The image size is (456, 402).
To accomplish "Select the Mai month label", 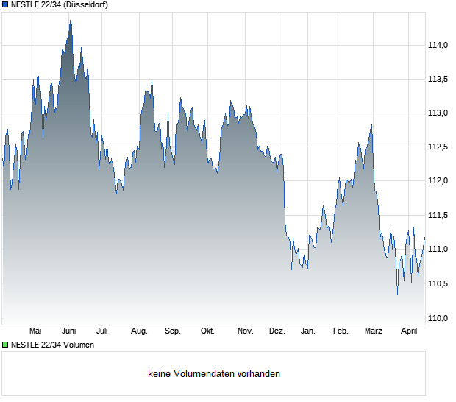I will tap(35, 331).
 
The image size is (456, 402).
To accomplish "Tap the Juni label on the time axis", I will tap(69, 331).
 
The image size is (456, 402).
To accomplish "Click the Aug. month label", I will tap(139, 331).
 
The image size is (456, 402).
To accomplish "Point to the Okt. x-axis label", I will tap(208, 331).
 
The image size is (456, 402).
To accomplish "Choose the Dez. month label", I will tap(277, 331).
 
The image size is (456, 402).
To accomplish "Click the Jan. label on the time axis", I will tap(308, 331).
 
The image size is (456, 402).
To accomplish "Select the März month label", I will tap(374, 331).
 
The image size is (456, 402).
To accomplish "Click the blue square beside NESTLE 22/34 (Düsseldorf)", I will tap(5, 5).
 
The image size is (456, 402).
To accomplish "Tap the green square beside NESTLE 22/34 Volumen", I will tap(5, 345).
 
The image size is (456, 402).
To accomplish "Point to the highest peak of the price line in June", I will tap(70, 21).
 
